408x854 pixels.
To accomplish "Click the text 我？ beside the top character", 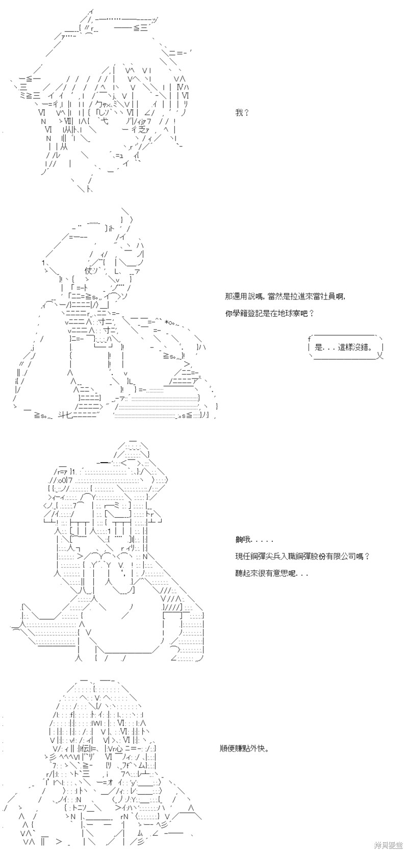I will (x=242, y=113).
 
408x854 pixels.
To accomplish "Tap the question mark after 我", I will (x=246, y=113).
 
